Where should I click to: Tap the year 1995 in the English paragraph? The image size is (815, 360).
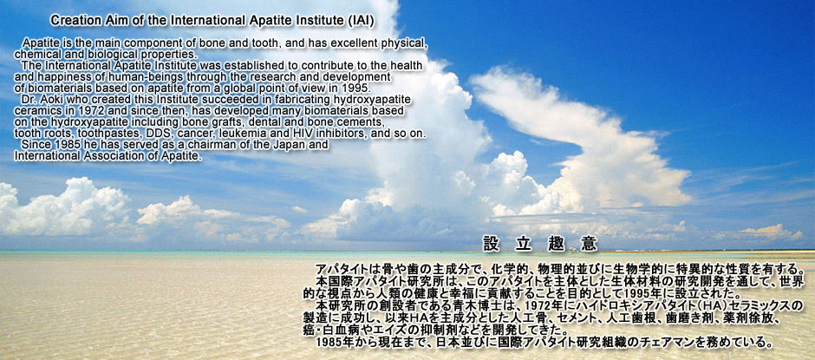coord(357,88)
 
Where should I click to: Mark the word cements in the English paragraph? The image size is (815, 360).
coord(363,122)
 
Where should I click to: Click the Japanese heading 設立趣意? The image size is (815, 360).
coord(540,243)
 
